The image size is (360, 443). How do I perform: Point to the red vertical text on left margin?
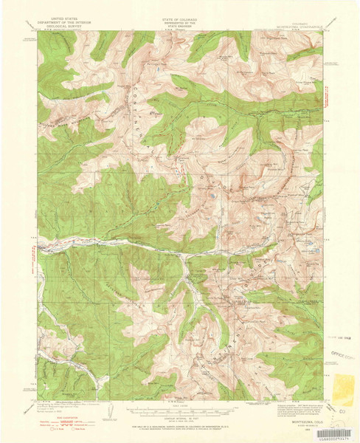tap(32, 258)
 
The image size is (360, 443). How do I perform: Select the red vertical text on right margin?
tap(326, 96)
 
